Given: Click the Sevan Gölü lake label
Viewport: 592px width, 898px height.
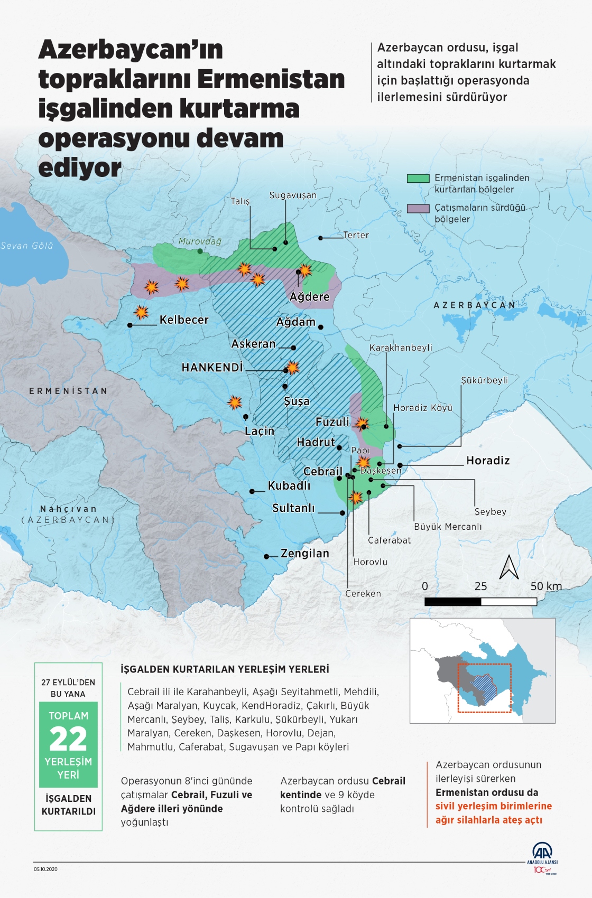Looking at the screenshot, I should point(27,246).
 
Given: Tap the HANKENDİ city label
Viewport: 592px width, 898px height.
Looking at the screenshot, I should point(212,368).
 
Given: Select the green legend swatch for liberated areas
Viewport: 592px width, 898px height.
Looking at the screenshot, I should point(418,179).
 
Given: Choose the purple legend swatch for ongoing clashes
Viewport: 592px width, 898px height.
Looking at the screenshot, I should point(418,208).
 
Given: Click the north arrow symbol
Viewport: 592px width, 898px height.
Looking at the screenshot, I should point(509,567).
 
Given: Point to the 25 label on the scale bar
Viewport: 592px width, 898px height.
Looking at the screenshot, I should point(480,586).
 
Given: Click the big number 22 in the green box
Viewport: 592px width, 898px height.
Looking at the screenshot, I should point(68,739).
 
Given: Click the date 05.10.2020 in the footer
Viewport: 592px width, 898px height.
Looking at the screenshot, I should point(45,869).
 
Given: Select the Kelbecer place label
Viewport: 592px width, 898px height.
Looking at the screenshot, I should point(184,320).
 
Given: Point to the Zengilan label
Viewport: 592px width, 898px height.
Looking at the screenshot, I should point(305,554).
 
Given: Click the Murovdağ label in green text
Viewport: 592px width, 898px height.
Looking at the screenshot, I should point(200,241).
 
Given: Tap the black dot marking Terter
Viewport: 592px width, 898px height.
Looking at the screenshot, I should point(320,238).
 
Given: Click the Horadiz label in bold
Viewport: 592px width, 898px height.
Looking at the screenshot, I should point(488,461).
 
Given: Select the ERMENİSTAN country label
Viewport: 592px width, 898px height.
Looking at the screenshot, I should point(68,391).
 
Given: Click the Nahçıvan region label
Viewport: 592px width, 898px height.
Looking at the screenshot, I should point(68,509).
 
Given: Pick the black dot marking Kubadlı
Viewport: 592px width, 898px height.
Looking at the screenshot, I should point(252,491).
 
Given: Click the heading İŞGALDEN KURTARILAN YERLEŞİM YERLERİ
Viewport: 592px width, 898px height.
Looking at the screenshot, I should point(225,669).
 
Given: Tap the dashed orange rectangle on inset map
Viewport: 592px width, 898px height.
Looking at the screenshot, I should point(484,664).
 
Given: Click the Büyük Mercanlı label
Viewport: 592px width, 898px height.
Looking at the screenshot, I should point(448,527).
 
